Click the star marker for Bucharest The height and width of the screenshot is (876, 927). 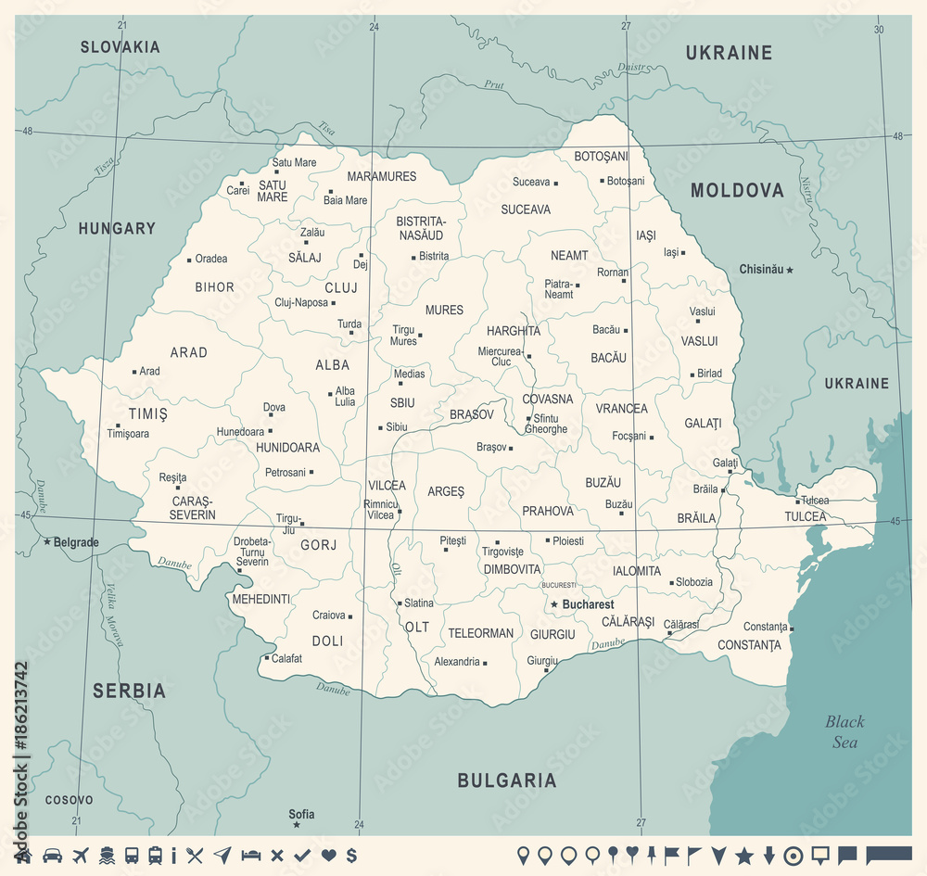point(554,604)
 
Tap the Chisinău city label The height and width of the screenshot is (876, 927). point(760,270)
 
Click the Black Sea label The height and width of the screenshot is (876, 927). point(844,731)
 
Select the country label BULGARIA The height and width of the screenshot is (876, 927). point(507,781)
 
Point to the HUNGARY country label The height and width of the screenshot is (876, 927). point(117,228)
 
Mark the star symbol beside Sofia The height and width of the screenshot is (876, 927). point(297,824)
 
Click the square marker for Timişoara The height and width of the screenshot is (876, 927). point(118,425)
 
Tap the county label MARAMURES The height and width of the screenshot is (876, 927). point(381,176)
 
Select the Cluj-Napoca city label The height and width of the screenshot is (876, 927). point(301,302)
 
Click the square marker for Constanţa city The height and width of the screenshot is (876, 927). point(792,628)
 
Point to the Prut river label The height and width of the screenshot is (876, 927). point(494,85)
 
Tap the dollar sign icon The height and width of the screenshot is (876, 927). point(351,855)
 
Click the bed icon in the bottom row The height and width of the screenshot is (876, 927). point(250,855)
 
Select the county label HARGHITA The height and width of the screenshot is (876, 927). point(514,331)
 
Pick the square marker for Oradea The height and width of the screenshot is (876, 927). point(189,260)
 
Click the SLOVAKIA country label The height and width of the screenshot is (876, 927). point(120,46)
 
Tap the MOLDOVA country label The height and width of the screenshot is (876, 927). point(737,191)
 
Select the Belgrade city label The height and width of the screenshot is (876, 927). point(75,542)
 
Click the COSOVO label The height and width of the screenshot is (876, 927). point(69,800)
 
